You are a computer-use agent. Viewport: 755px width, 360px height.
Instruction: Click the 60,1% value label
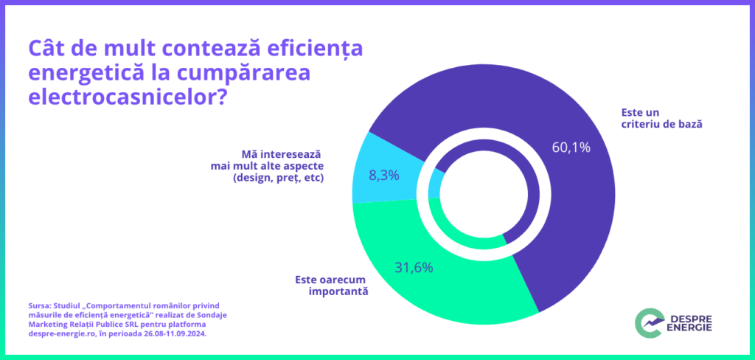(x=571, y=147)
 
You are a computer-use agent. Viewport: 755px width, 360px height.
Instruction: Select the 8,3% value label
(x=383, y=176)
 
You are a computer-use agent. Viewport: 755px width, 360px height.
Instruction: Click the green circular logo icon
(x=648, y=322)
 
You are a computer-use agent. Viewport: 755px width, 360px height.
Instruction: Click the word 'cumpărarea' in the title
(x=249, y=74)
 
